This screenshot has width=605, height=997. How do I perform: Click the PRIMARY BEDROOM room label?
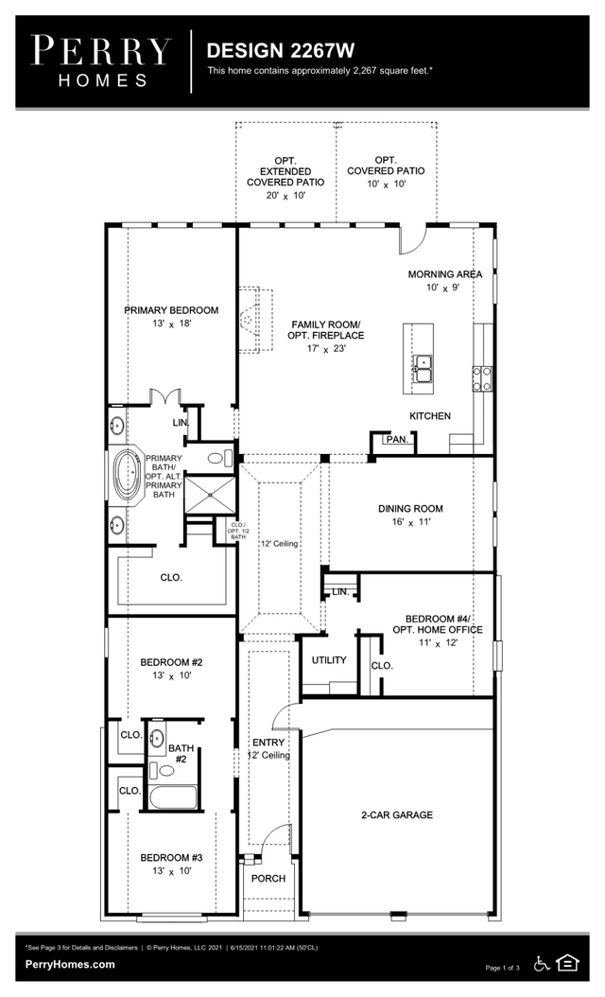[171, 310]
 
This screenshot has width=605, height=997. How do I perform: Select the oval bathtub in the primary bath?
[127, 476]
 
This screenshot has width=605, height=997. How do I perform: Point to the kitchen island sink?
[423, 368]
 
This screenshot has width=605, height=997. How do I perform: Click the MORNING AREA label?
[444, 274]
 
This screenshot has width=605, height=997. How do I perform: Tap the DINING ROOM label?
[410, 509]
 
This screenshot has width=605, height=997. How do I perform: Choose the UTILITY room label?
[328, 660]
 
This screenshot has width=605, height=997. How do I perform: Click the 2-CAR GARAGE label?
[396, 814]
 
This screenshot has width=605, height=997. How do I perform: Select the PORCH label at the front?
[268, 878]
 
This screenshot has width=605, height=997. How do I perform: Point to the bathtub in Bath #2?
[172, 796]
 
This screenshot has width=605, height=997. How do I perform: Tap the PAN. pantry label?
[396, 440]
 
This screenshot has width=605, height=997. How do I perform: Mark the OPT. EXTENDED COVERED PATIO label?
[285, 171]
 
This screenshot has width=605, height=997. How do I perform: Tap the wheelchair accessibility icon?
[542, 964]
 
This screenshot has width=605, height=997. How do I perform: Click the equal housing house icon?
[568, 963]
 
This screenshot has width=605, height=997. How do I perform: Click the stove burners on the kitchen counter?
[482, 378]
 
